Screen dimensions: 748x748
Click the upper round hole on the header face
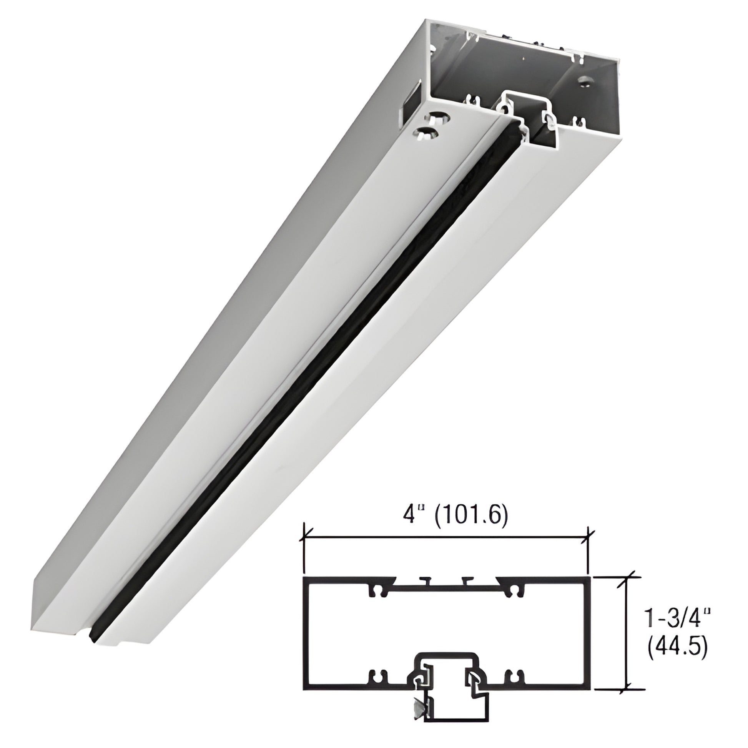point(440,116)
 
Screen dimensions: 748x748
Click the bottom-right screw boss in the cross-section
point(514,676)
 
